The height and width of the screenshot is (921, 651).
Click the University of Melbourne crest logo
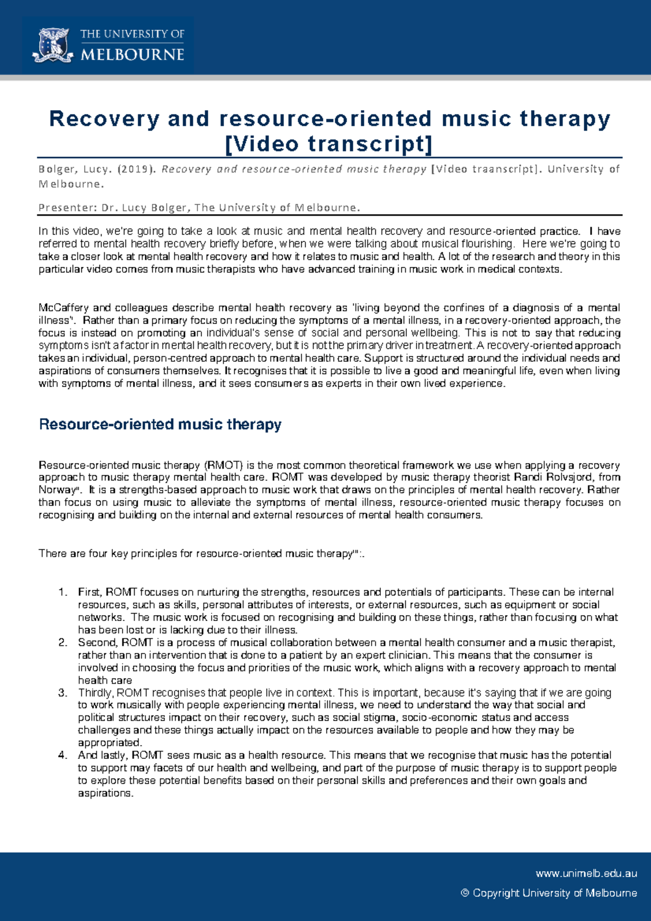(x=53, y=46)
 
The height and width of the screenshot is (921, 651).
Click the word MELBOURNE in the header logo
(x=132, y=55)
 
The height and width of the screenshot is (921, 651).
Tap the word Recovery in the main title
(x=105, y=118)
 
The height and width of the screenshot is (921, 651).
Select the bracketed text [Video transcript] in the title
(x=329, y=144)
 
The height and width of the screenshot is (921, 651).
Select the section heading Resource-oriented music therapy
(x=160, y=424)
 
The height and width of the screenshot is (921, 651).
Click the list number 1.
(x=62, y=592)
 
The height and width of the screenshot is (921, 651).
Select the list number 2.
(x=62, y=643)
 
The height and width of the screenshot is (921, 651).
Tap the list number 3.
(x=62, y=693)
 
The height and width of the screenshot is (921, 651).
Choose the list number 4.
(x=62, y=755)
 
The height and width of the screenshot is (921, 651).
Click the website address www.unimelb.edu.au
(x=586, y=873)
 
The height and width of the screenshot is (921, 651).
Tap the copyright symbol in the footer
(x=464, y=893)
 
